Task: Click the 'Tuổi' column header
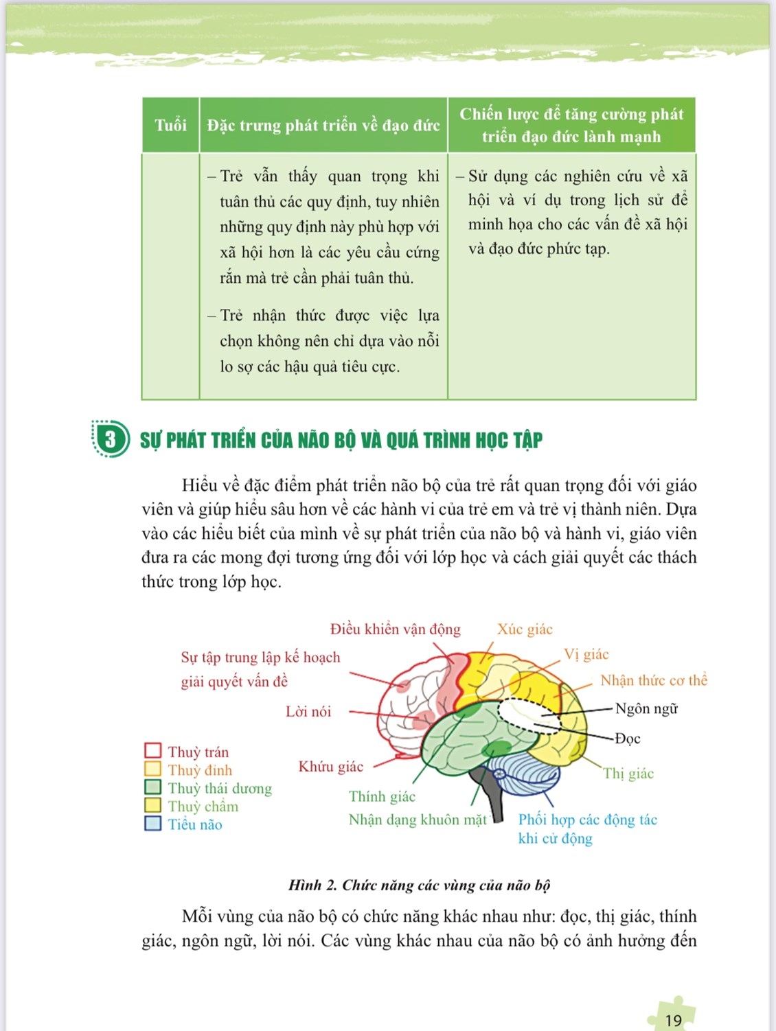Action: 170,125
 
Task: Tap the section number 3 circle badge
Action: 111,439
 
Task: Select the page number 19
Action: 673,1020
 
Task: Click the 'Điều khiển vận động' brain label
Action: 395,629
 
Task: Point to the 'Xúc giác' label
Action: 525,629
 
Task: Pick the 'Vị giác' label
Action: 586,654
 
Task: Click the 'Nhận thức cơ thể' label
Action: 653,680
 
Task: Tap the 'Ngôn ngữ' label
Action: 646,708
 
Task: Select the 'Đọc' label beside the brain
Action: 627,739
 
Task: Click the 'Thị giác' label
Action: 628,774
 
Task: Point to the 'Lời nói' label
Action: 308,711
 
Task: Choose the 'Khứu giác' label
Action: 330,767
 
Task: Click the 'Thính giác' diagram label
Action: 382,796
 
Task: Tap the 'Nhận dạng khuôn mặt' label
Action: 418,820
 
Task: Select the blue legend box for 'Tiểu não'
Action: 153,824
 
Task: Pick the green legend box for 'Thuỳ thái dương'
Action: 153,787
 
